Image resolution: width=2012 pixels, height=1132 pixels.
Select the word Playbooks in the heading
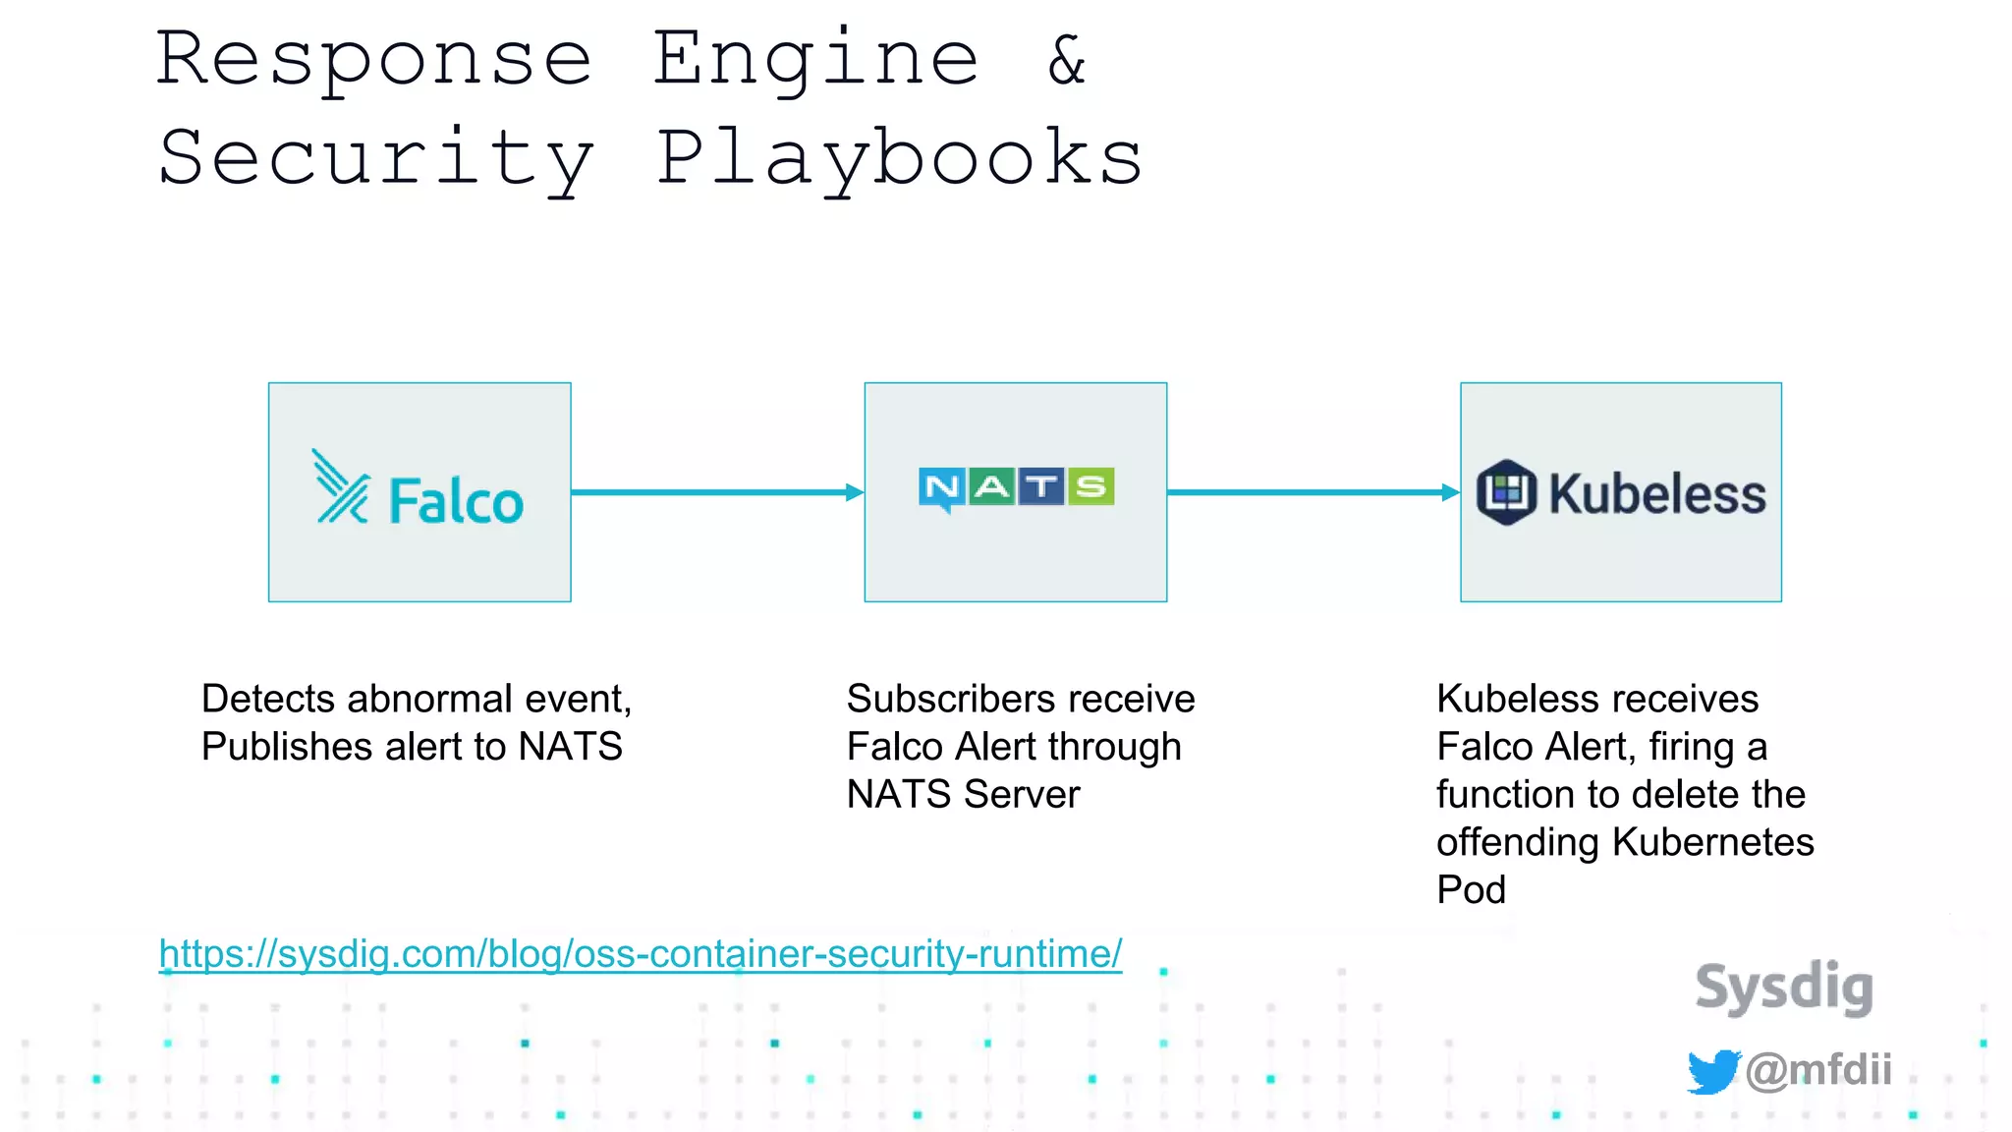point(898,159)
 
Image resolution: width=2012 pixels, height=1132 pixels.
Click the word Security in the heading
point(375,159)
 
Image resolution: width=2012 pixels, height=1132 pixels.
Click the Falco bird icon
point(340,487)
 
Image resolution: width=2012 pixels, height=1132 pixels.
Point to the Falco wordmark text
point(456,501)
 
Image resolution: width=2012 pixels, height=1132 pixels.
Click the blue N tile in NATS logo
point(941,487)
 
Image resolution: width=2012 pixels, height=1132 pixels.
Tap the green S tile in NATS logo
point(1090,486)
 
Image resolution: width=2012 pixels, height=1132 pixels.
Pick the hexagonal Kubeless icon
point(1506,492)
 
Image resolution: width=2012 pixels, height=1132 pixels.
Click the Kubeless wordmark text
point(1657,494)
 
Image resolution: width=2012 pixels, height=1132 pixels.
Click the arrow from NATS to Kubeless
point(1313,492)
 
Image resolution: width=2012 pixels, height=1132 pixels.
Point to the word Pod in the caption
point(1471,889)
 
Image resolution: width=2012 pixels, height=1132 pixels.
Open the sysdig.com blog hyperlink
point(641,954)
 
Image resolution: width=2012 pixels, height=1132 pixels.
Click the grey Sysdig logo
point(1784,987)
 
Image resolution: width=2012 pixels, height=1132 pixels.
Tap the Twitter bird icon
point(1712,1070)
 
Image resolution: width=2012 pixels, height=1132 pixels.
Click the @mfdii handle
point(1818,1069)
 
